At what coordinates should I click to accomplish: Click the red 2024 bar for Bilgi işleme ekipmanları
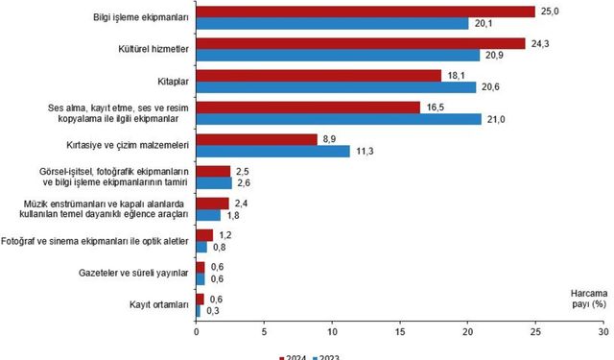[x=365, y=12]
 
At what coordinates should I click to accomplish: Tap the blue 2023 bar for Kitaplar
[x=336, y=87]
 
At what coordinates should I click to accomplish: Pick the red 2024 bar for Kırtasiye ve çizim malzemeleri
[x=256, y=139]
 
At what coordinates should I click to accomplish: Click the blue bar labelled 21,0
[x=339, y=119]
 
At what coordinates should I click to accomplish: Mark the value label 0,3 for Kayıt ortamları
[x=217, y=311]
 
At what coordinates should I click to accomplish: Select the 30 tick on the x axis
[x=602, y=333]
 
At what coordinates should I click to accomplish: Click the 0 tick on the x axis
[x=197, y=333]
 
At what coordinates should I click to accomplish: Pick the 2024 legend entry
[x=294, y=355]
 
